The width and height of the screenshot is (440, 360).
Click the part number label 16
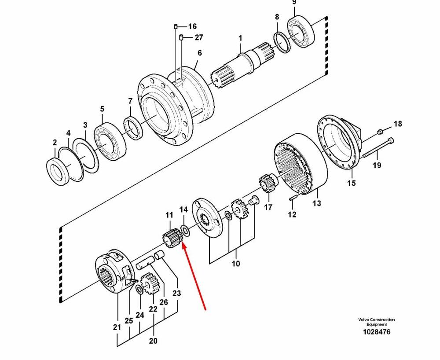pyautogui.click(x=192, y=26)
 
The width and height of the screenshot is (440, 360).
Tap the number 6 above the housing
pyautogui.click(x=200, y=53)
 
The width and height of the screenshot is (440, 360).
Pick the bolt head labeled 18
pyautogui.click(x=380, y=131)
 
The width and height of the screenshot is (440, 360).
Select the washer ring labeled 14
pyautogui.click(x=185, y=230)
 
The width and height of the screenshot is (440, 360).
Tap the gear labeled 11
pyautogui.click(x=171, y=238)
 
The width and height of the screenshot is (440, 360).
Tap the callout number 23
pyautogui.click(x=176, y=293)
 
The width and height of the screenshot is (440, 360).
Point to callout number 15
pyautogui.click(x=351, y=183)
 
